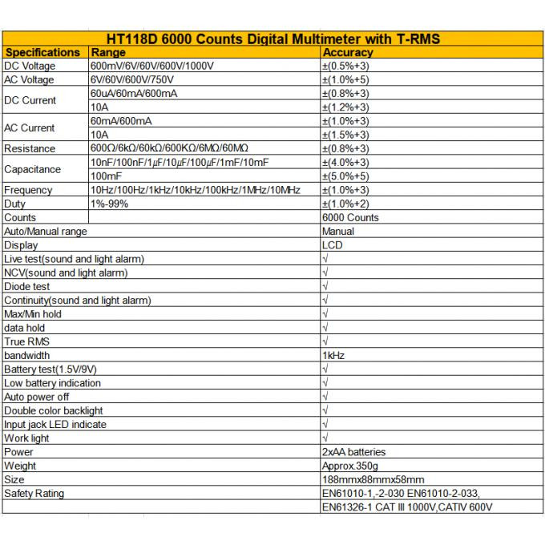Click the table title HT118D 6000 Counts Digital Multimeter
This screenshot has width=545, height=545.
273,38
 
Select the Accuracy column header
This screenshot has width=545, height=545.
347,52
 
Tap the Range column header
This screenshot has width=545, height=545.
108,52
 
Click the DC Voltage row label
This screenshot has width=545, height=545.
30,66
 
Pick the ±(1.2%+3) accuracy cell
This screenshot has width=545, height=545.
345,107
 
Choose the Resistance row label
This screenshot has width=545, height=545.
30,148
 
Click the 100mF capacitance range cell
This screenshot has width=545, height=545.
106,176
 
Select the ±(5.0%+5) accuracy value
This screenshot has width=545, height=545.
345,176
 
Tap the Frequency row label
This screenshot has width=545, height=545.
28,190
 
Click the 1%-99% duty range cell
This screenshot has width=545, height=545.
109,204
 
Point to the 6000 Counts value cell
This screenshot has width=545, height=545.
350,217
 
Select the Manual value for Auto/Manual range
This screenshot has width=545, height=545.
337,231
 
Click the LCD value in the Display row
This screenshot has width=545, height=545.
332,245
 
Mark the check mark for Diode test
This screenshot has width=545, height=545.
325,286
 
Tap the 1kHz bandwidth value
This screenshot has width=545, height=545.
333,355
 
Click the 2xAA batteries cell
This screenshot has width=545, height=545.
353,452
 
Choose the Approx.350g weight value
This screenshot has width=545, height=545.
350,466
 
